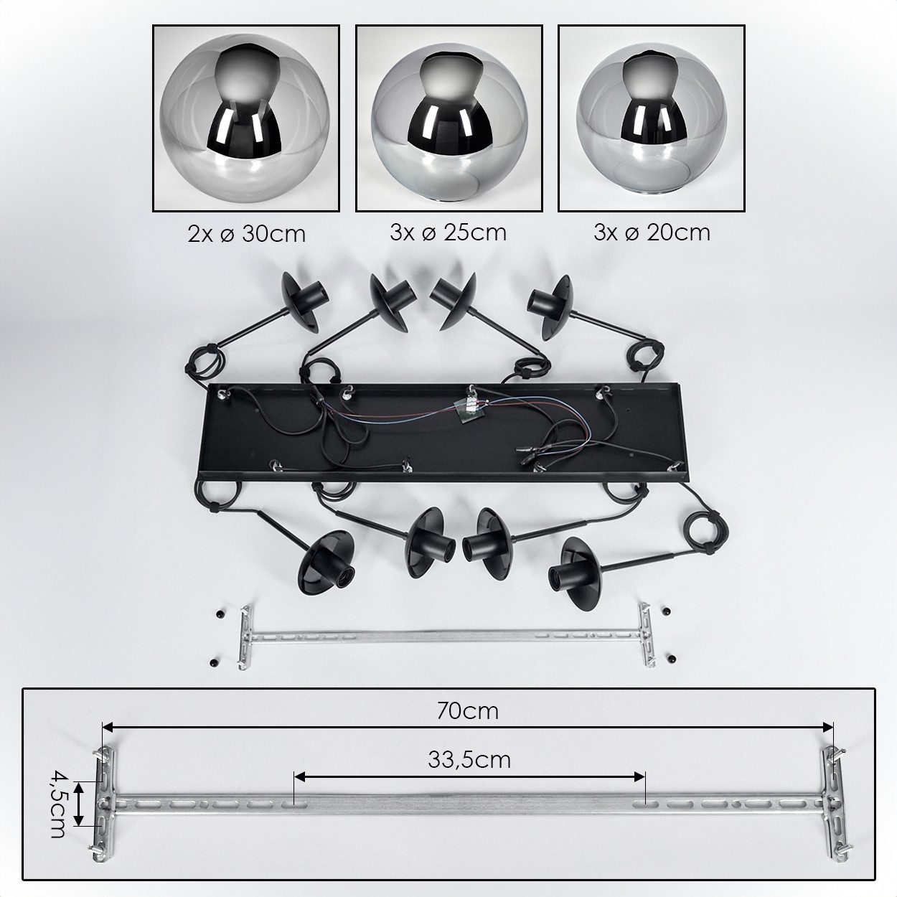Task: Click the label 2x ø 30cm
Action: click(x=247, y=234)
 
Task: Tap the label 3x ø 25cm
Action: click(x=448, y=233)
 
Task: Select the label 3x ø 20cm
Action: click(x=652, y=233)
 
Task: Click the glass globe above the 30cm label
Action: click(x=245, y=118)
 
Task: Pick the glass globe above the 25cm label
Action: click(x=450, y=123)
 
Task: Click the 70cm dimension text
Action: click(x=468, y=711)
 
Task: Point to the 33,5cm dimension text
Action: click(x=469, y=760)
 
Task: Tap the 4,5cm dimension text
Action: click(x=57, y=797)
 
